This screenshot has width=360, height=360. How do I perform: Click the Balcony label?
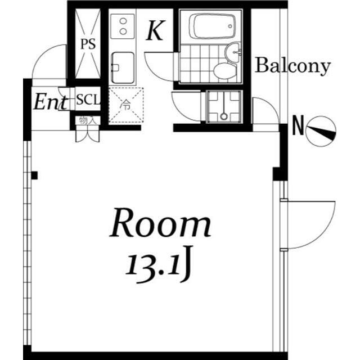click(292, 66)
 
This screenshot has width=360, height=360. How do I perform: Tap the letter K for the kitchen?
click(155, 30)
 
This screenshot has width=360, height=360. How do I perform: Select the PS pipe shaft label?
click(88, 44)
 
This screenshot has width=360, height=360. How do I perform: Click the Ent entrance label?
click(51, 102)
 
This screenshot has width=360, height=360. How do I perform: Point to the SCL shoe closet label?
click(88, 100)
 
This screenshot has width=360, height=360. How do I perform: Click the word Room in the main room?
click(160, 223)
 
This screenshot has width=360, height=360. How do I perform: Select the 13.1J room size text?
click(159, 264)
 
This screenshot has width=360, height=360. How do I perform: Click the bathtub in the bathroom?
click(212, 26)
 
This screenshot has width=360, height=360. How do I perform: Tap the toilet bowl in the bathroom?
click(225, 71)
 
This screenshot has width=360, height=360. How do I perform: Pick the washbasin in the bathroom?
click(232, 52)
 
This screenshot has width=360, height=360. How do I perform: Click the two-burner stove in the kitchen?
click(123, 26)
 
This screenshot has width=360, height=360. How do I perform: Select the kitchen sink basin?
click(123, 67)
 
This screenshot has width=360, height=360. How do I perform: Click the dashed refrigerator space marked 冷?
click(126, 105)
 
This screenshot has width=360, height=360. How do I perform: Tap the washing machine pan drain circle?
click(224, 116)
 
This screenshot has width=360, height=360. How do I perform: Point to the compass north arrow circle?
click(321, 131)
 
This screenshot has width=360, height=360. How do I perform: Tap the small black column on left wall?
click(34, 175)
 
